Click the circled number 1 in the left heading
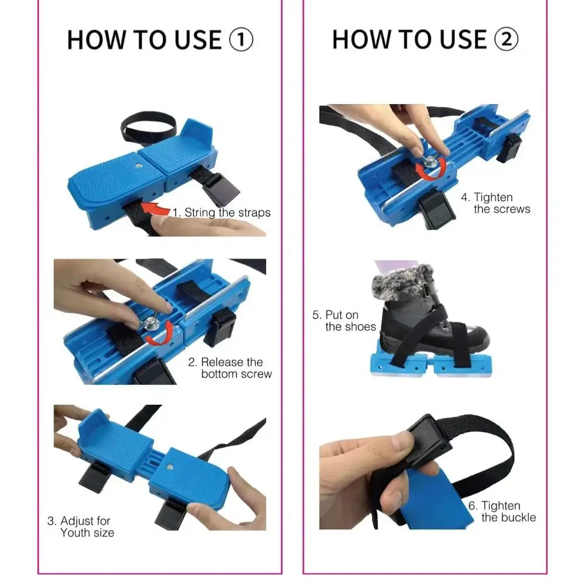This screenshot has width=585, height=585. click(x=240, y=40)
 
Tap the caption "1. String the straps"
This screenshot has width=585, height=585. click(x=222, y=212)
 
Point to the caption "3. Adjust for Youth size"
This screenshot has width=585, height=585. click(x=80, y=526)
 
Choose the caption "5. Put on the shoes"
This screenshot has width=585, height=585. click(x=344, y=321)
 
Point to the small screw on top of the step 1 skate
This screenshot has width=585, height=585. click(x=137, y=167)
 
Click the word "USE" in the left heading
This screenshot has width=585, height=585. click(x=190, y=40)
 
